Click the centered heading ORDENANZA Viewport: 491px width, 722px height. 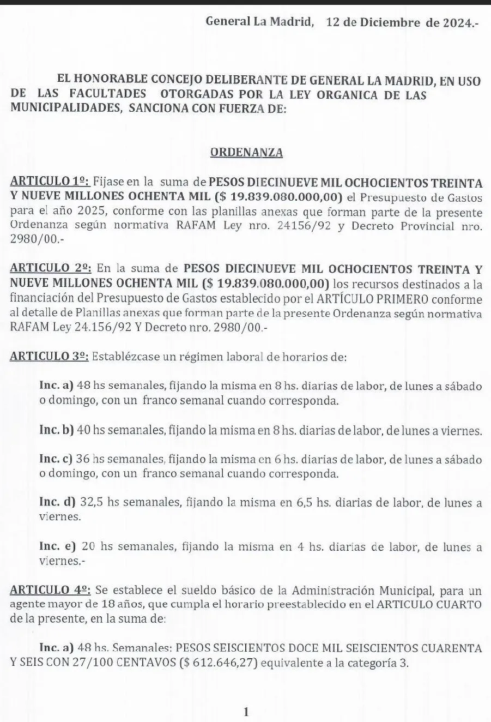click(246, 153)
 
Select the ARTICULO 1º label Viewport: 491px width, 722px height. click(50, 181)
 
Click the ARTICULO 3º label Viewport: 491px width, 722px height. click(50, 357)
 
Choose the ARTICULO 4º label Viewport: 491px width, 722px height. click(51, 589)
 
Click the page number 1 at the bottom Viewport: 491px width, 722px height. click(246, 711)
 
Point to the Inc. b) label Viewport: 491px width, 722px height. click(56, 430)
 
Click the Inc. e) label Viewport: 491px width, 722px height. click(56, 546)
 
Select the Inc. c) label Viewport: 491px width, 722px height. click(56, 460)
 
